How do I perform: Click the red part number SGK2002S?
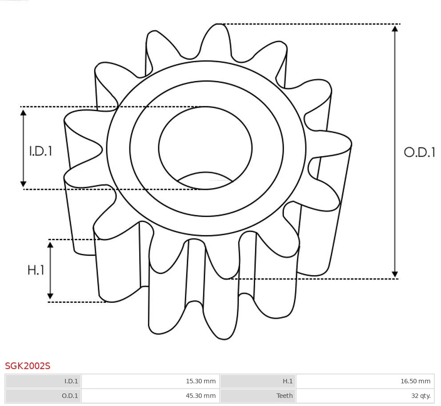click(x=28, y=366)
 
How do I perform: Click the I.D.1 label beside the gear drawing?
click(x=41, y=151)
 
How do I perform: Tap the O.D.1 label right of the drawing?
click(x=419, y=153)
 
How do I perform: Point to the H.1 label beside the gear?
click(x=36, y=270)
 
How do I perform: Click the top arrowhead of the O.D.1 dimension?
click(x=395, y=28)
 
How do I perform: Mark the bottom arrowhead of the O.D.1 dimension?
click(x=395, y=274)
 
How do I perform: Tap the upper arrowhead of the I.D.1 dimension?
click(x=24, y=112)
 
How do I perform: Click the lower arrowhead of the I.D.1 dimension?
click(x=24, y=184)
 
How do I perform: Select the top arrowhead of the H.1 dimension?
click(x=50, y=245)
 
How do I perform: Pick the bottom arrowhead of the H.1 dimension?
click(x=50, y=296)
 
